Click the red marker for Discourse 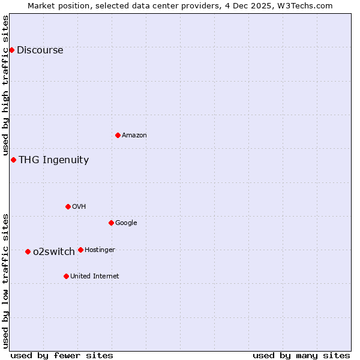click(x=11, y=50)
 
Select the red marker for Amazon click(x=118, y=135)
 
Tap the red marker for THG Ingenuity click(x=13, y=160)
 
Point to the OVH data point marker click(x=68, y=206)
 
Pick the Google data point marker click(x=111, y=223)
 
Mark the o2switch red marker click(x=28, y=251)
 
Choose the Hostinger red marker click(x=80, y=250)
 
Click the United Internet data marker click(x=66, y=276)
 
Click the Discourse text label click(x=40, y=50)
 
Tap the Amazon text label click(x=134, y=136)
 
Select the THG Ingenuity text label click(x=53, y=160)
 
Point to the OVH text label click(x=79, y=207)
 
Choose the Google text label click(x=126, y=223)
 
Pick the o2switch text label click(x=54, y=252)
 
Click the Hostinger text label click(x=100, y=250)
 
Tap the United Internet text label click(x=94, y=277)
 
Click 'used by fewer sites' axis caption click(x=62, y=355)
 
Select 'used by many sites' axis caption click(x=301, y=355)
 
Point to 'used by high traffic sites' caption click(x=5, y=86)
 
